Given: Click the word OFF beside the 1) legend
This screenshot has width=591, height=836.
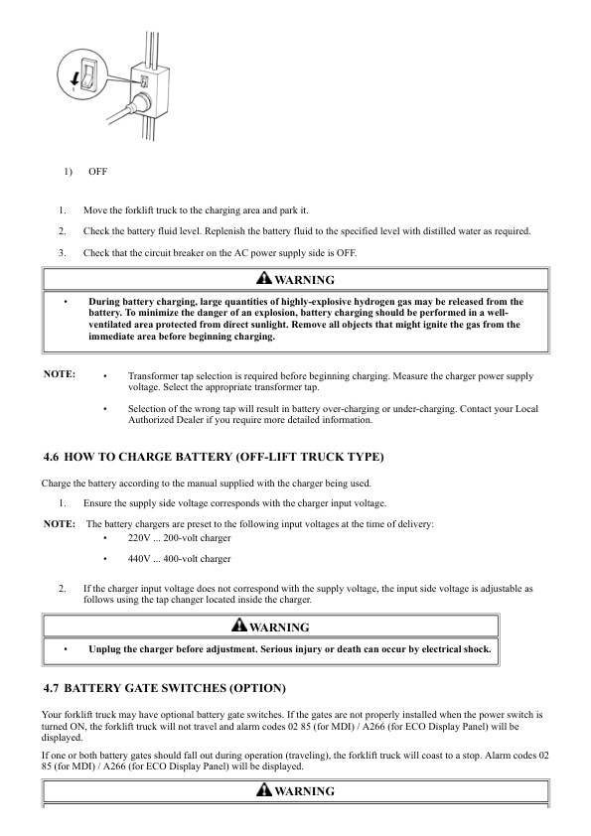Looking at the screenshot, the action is tap(97, 172).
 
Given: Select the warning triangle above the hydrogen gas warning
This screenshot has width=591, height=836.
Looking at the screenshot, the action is tap(263, 279).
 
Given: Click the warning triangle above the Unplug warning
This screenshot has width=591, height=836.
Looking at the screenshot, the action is tap(238, 627).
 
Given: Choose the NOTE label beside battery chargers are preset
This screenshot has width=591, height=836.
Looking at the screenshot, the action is tap(60, 523).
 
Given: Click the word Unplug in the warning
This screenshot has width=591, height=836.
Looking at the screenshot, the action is tap(108, 649).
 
